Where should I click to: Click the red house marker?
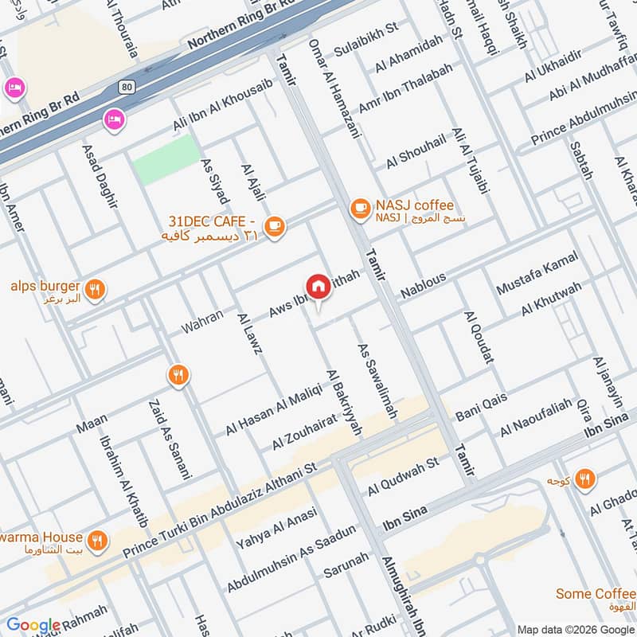pos(318,287)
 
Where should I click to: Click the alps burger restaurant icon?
pos(95,291)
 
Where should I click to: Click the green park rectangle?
pos(166,159)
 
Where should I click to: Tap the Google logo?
pos(33,625)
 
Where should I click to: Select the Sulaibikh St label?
pos(366,29)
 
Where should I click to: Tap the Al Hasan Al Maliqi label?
pos(273,408)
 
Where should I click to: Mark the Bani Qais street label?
pos(481,409)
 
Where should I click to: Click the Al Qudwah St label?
pos(403,477)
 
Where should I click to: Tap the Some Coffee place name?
pos(596,594)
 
